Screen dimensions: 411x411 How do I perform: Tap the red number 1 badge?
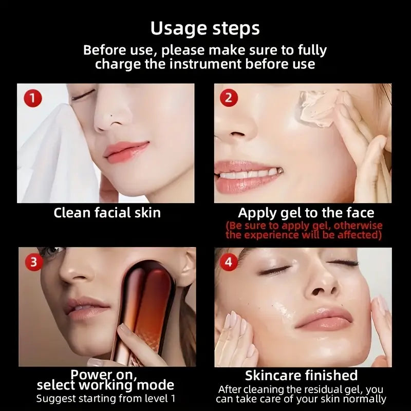(x=33, y=98)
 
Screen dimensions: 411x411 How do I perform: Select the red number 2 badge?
(x=229, y=98)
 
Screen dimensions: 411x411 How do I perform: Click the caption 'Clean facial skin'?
(x=107, y=213)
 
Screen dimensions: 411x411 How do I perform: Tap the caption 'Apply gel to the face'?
(x=306, y=213)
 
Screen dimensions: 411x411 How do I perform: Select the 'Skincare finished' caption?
(x=302, y=375)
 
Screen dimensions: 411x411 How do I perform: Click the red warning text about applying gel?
(x=304, y=230)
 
